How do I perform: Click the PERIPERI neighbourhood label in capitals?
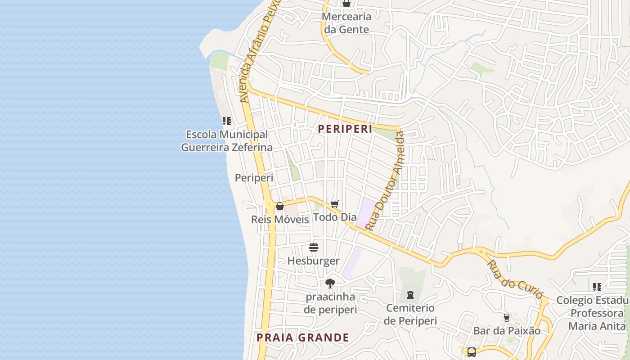[x=345, y=129]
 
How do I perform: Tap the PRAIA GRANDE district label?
[x=303, y=337]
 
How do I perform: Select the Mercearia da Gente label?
[x=346, y=23]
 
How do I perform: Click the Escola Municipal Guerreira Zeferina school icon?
[x=227, y=121]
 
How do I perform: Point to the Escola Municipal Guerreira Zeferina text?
[x=227, y=141]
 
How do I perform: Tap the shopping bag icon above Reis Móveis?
[x=280, y=206]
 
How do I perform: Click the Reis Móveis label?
[x=280, y=220]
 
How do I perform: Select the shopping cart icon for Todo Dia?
[x=334, y=204]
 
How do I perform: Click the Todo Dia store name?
[x=335, y=217]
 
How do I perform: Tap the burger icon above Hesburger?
[x=314, y=247]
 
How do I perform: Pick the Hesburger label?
[x=314, y=261]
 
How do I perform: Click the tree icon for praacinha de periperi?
[x=330, y=283]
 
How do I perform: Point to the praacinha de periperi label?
[x=330, y=303]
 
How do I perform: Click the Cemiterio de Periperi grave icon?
[x=410, y=295]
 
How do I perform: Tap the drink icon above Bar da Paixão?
[x=506, y=317]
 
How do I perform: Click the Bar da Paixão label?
[x=507, y=331]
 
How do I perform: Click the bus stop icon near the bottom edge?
[x=471, y=352]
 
